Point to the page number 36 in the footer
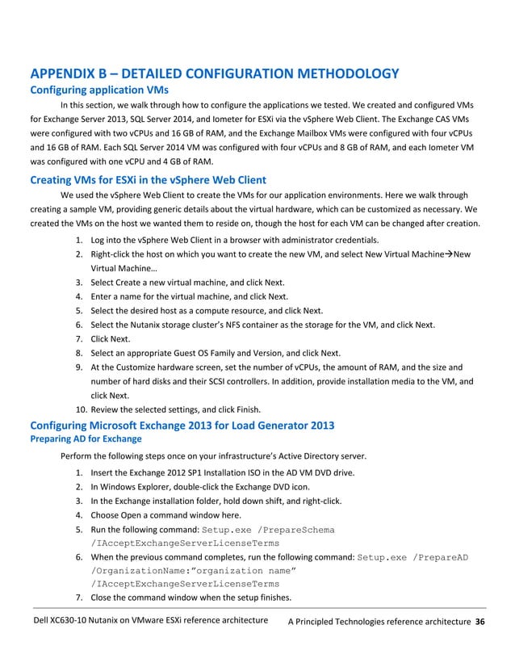click(480, 622)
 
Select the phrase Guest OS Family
click(203, 352)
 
